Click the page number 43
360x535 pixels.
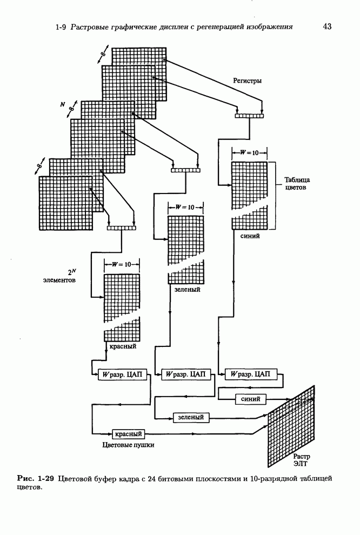point(327,26)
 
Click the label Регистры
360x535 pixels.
point(247,81)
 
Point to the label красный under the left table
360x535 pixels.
point(123,346)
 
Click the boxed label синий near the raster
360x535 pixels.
point(251,399)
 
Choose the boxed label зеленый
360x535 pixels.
point(190,417)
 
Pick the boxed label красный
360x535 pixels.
point(129,433)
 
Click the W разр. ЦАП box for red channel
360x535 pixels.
point(122,374)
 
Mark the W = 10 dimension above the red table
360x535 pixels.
point(122,264)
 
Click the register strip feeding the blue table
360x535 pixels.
point(249,115)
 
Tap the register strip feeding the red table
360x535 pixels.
point(122,228)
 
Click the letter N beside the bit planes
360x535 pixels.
point(62,103)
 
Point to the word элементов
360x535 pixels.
point(59,281)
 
